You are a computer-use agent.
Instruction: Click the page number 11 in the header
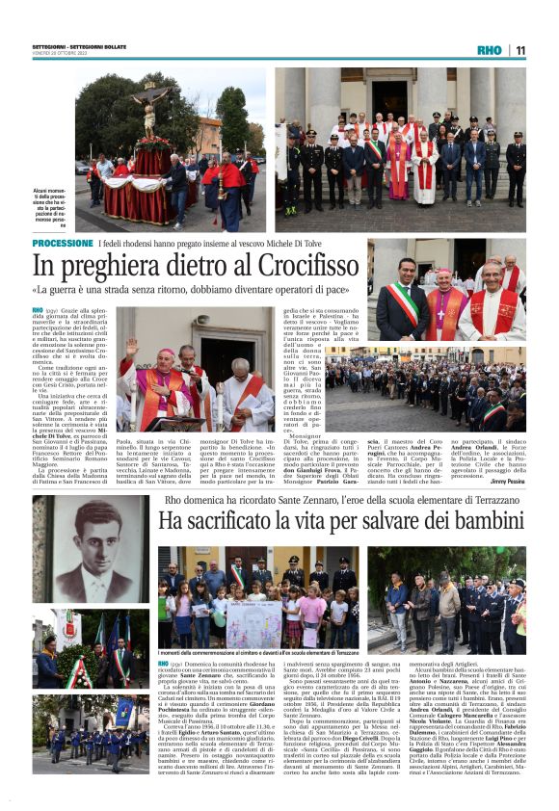pos(519,50)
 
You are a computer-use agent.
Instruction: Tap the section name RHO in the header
pos(490,50)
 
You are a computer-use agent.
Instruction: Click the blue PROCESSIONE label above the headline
pos(63,244)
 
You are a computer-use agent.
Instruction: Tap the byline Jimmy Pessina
pos(508,479)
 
